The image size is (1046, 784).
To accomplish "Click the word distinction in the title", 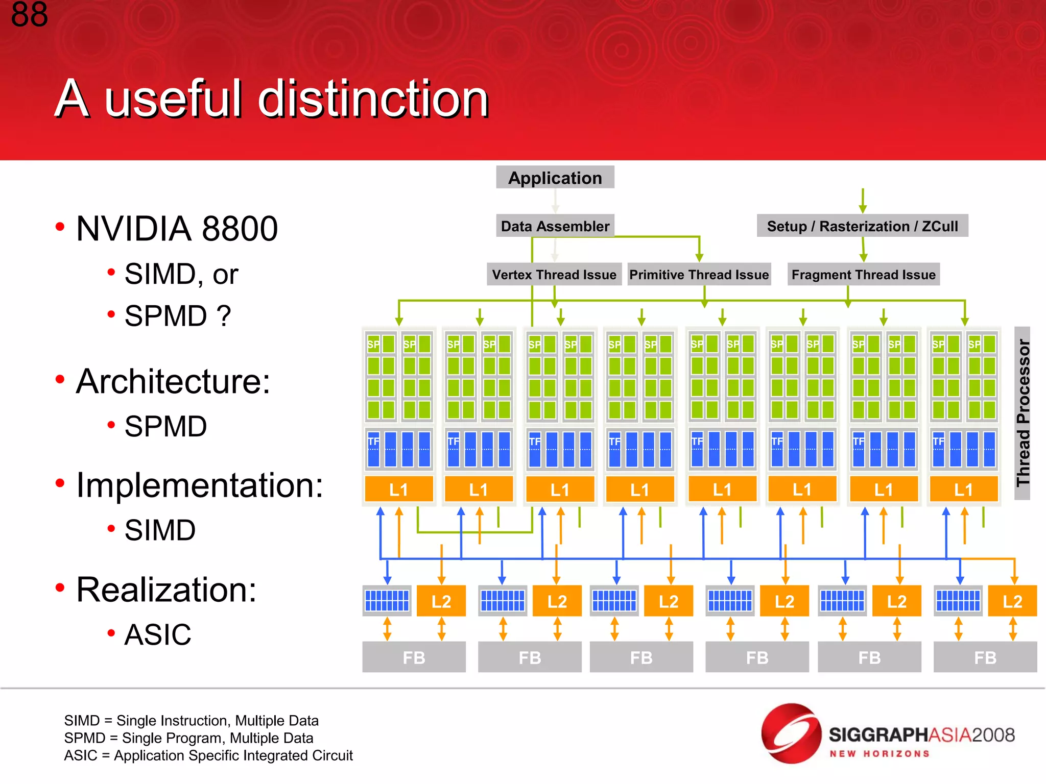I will point(373,99).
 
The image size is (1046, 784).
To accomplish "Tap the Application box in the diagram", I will point(555,178).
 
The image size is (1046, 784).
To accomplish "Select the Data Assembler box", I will point(555,226).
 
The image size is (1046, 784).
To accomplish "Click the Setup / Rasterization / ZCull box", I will point(862,226).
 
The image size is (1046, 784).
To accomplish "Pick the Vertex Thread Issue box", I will point(554,275).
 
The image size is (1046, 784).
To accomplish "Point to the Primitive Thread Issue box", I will point(699,275).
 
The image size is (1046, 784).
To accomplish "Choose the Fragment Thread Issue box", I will point(863,275).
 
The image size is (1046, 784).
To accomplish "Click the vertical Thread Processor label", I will point(1023,413).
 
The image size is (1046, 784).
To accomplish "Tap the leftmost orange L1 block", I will point(399,489).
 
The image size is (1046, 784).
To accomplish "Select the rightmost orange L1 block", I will point(964,489).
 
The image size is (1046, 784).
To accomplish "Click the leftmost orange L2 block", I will point(441,601).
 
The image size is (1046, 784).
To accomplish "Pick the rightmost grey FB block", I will point(985,657).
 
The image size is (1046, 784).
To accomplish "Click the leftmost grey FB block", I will point(414,657).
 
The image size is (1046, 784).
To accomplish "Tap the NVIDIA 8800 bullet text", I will point(177,229).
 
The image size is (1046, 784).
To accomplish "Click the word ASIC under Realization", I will point(158,635).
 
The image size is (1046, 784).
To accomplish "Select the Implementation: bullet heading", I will point(199,485).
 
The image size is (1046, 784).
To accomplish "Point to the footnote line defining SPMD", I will point(188,738).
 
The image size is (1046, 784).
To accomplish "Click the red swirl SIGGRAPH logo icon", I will point(791,733).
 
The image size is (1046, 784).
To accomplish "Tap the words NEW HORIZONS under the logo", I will point(879,754).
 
